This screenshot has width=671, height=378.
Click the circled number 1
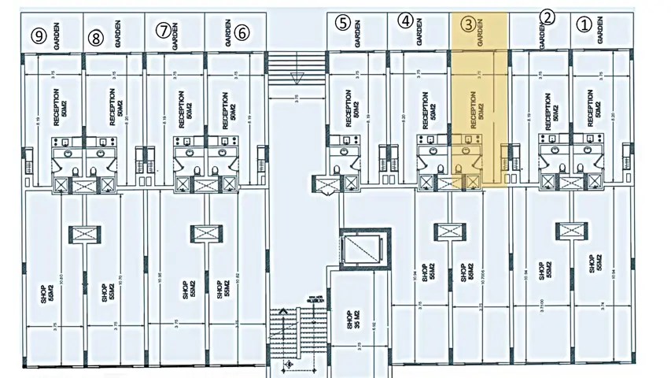pyautogui.click(x=583, y=24)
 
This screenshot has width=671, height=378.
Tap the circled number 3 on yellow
pyautogui.click(x=468, y=24)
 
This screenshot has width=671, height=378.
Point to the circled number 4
pyautogui.click(x=405, y=21)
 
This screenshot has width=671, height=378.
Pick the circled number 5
pyautogui.click(x=342, y=22)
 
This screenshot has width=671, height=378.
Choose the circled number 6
pyautogui.click(x=241, y=32)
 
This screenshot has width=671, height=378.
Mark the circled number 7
pyautogui.click(x=163, y=31)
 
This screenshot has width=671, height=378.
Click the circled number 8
pyautogui.click(x=96, y=36)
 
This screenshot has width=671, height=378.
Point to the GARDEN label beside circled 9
pyautogui.click(x=57, y=35)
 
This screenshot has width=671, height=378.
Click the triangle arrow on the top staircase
pyautogui.click(x=297, y=78)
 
